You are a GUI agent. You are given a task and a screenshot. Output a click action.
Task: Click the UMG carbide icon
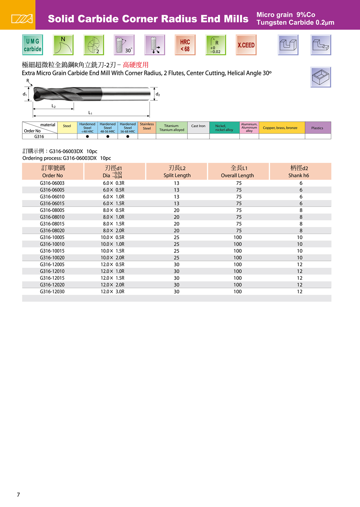coord(32,45)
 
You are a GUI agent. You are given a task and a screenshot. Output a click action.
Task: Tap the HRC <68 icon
coord(185,45)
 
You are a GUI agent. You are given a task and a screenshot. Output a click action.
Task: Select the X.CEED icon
coord(246,45)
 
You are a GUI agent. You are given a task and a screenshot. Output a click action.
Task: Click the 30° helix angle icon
coord(124,45)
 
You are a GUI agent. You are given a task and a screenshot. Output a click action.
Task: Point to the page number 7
coord(18,495)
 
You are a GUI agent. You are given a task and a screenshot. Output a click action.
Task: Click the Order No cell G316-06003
coord(52,183)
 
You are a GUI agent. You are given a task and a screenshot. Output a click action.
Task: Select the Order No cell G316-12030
coord(52,292)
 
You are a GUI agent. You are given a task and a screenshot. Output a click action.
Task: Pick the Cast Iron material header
coord(198,126)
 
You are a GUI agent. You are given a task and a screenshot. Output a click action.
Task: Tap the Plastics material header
coord(317,128)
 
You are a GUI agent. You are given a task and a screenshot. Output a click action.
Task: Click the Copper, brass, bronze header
coord(280,128)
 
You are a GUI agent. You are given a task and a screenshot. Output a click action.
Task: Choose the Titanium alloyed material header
coord(172,128)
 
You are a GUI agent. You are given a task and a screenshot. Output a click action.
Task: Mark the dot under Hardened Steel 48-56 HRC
coord(108,136)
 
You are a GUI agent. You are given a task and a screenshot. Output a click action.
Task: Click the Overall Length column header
coord(238,172)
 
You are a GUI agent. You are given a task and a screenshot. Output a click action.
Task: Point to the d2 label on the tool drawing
coord(158,94)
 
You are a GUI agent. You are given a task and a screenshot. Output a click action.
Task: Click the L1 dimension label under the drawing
coord(90,113)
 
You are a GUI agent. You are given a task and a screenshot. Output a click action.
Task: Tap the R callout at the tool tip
coord(28,81)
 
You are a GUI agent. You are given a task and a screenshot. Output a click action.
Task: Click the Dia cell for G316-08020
coord(113,231)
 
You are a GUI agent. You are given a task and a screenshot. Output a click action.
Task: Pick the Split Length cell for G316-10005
coord(176,237)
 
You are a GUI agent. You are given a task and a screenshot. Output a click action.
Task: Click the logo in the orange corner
coord(22,19)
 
